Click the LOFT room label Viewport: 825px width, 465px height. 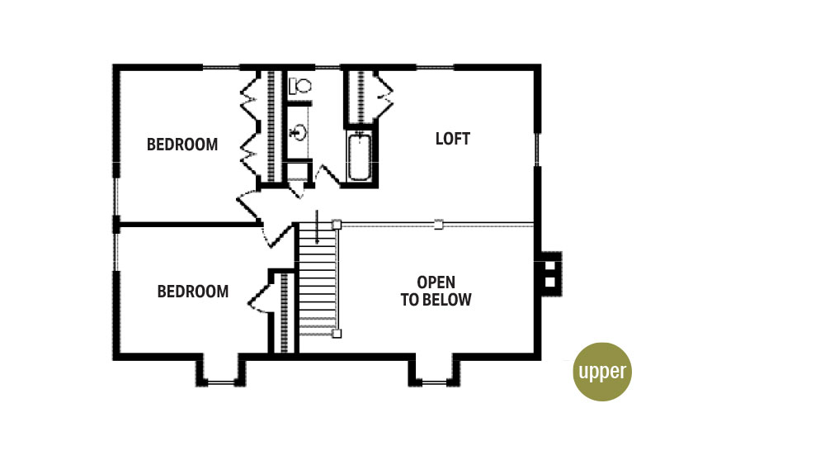point(452,139)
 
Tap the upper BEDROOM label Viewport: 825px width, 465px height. point(182,145)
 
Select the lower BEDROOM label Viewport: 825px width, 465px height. point(192,292)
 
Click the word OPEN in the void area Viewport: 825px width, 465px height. point(436,282)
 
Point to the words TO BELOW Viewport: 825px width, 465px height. point(436,300)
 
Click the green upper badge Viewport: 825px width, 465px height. point(602,372)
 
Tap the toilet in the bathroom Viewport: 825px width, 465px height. point(300,86)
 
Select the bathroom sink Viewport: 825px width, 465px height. point(299,131)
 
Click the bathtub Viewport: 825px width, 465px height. point(360,157)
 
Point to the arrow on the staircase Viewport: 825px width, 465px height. point(317,227)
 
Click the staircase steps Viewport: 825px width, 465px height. point(318,280)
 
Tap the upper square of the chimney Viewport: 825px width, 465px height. point(549,265)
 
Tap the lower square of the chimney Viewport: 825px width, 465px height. point(549,282)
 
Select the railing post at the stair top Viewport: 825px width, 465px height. point(337,225)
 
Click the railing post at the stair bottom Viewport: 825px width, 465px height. point(337,334)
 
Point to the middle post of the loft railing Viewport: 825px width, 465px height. point(438,225)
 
